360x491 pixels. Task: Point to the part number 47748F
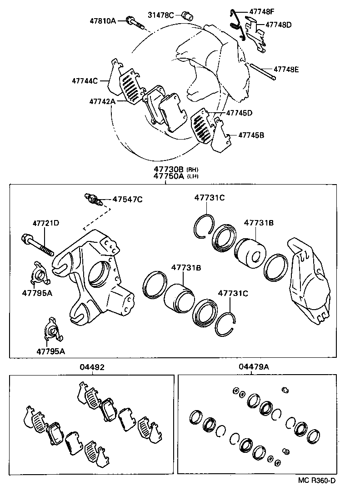coord(262,11)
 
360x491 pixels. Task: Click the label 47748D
coord(278,25)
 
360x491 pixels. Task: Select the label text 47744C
coord(85,81)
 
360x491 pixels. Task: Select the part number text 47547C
coord(128,199)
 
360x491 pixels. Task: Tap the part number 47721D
coord(46,223)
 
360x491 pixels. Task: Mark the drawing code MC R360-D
coord(317,480)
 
